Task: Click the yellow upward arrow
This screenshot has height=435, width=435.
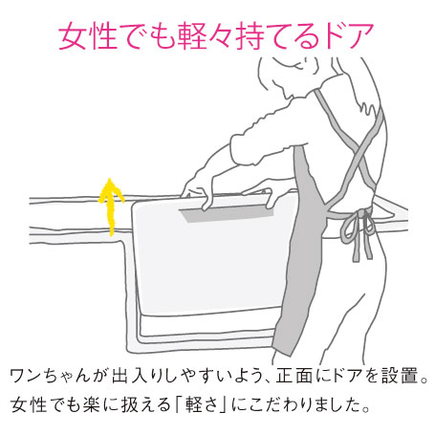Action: (x=111, y=207)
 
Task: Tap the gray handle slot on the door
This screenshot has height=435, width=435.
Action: (x=227, y=212)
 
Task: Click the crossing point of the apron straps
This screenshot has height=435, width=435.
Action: (x=360, y=153)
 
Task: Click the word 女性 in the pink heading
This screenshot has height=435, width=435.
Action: (x=88, y=35)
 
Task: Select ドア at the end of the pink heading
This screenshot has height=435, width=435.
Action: (x=347, y=35)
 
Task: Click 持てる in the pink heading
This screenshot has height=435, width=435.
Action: (x=277, y=35)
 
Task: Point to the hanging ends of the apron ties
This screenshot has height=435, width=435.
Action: (x=362, y=246)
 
